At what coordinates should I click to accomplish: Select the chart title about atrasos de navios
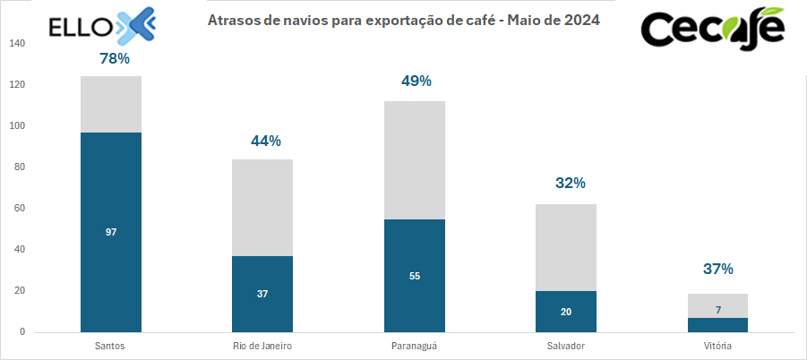click(x=404, y=20)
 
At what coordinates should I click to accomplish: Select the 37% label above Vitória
click(x=717, y=269)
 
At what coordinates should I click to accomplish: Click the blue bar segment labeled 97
click(x=111, y=232)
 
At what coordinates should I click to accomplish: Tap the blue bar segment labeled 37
click(x=262, y=294)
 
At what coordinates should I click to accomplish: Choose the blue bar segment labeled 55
click(x=414, y=276)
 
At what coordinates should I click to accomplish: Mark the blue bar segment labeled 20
click(x=565, y=312)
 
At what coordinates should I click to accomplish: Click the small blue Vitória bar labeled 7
click(x=717, y=325)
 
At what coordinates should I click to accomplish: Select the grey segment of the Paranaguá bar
click(x=414, y=160)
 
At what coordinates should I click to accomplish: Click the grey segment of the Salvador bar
click(x=565, y=247)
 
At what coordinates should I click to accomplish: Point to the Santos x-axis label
click(x=111, y=346)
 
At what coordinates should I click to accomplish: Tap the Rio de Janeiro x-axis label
click(x=262, y=346)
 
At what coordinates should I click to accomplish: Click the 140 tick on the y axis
click(x=19, y=44)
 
